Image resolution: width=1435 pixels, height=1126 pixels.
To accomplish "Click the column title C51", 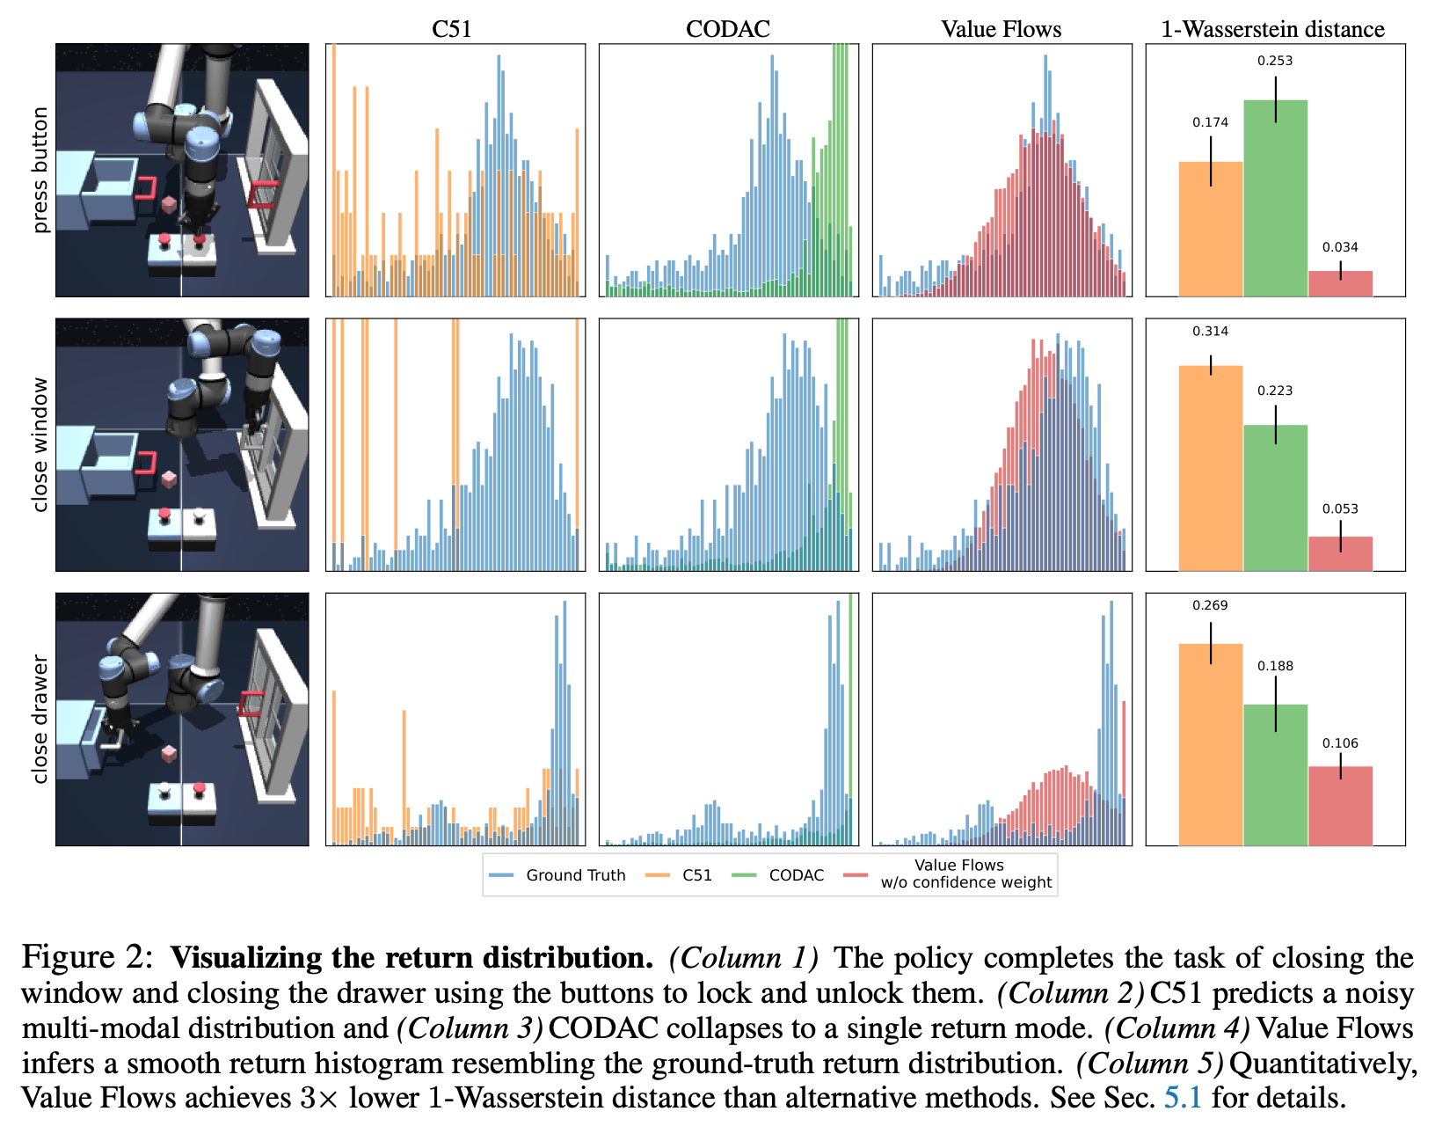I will click(x=451, y=29).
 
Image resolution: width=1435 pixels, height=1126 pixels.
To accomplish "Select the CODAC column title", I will click(x=727, y=29).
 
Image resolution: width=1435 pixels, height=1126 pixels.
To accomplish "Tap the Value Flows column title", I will click(x=1001, y=29).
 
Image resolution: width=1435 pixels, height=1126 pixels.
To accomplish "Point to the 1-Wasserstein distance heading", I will click(x=1272, y=29).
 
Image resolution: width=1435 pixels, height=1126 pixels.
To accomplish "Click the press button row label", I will click(x=40, y=170).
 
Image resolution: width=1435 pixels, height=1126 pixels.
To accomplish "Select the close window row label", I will click(x=40, y=444).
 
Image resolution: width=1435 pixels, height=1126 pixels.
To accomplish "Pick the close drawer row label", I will click(x=40, y=719).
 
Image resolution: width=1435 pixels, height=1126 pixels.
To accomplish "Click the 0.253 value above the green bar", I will click(x=1275, y=61).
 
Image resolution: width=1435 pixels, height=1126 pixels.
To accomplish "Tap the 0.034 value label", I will click(x=1340, y=247).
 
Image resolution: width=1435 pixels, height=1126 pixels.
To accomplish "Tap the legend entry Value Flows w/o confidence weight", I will click(x=965, y=874).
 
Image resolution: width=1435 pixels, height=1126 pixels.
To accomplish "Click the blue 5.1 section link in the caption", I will click(x=1183, y=1098).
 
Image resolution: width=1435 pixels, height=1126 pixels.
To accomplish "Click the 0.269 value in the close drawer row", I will click(x=1210, y=605).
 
